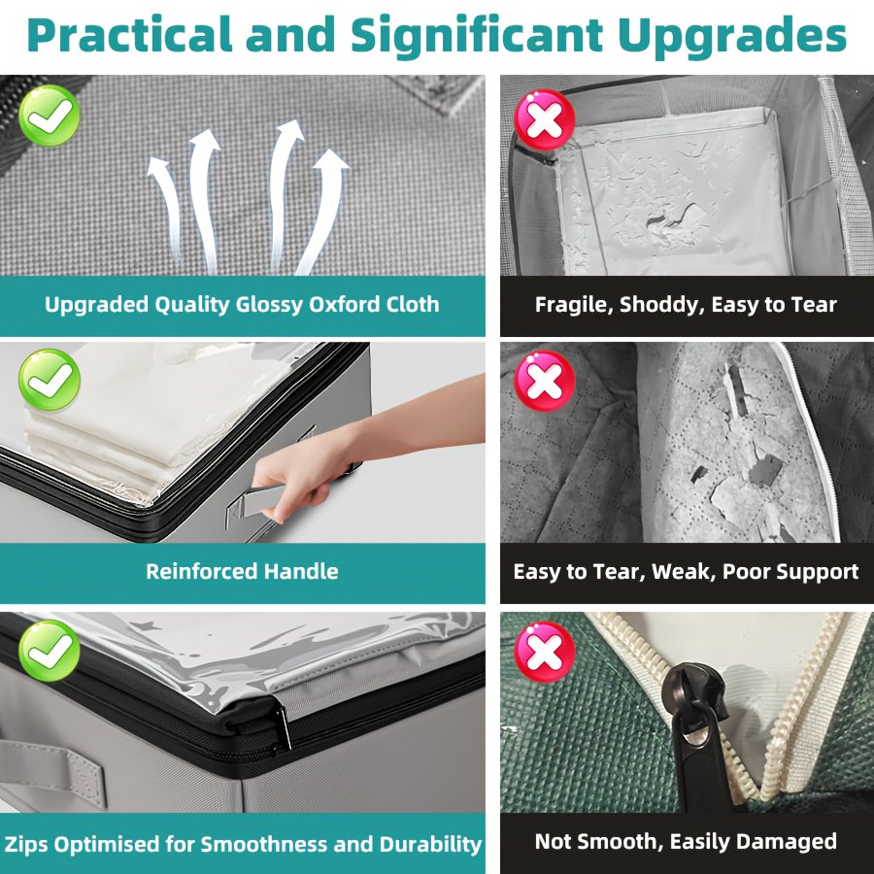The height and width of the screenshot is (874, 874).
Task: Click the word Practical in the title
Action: [x=129, y=35]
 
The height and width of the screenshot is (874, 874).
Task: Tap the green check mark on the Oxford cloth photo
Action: [x=50, y=116]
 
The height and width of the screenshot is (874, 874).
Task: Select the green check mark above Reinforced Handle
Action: [x=50, y=380]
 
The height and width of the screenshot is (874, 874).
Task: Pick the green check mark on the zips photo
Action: [x=50, y=651]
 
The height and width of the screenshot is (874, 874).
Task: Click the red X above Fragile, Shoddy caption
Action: [x=545, y=119]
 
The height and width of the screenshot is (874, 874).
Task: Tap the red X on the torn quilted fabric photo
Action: [x=545, y=382]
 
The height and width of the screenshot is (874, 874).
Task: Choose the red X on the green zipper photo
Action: [x=545, y=653]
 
